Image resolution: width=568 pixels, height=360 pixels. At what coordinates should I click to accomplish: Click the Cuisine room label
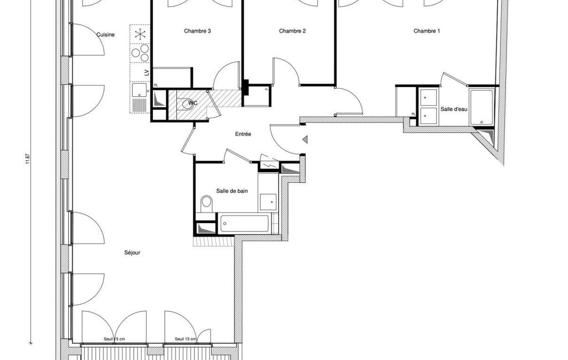pyautogui.click(x=105, y=35)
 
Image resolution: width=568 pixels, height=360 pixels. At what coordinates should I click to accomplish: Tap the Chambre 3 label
pyautogui.click(x=197, y=31)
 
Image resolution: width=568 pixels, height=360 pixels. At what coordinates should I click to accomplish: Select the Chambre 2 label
pyautogui.click(x=293, y=31)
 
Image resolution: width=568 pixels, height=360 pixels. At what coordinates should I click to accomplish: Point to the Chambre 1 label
pyautogui.click(x=427, y=31)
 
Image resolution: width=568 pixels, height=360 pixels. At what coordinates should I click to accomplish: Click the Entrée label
pyautogui.click(x=243, y=134)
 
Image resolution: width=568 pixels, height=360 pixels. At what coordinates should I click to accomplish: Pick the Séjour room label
pyautogui.click(x=132, y=253)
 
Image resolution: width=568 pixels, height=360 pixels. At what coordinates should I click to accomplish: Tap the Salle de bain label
pyautogui.click(x=232, y=191)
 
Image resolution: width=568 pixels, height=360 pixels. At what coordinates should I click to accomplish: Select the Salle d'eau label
pyautogui.click(x=454, y=109)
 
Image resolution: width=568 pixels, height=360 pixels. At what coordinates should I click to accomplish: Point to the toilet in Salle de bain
pyautogui.click(x=207, y=204)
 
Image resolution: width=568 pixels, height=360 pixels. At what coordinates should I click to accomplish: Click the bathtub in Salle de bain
pyautogui.click(x=245, y=223)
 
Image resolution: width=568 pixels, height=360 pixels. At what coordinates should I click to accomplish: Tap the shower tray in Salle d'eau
pyautogui.click(x=482, y=107)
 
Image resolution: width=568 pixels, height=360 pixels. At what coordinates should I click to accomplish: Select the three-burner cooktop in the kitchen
pyautogui.click(x=140, y=53)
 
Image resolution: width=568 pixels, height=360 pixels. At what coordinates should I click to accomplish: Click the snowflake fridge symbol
pyautogui.click(x=140, y=34)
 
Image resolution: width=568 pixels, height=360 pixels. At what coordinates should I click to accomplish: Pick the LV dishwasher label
pyautogui.click(x=147, y=73)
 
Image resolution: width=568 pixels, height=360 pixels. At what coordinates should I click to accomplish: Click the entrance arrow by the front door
pyautogui.click(x=305, y=139)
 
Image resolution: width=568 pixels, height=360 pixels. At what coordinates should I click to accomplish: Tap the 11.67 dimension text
pyautogui.click(x=28, y=159)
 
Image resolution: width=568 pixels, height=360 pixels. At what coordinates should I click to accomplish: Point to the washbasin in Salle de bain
pyautogui.click(x=268, y=200)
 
